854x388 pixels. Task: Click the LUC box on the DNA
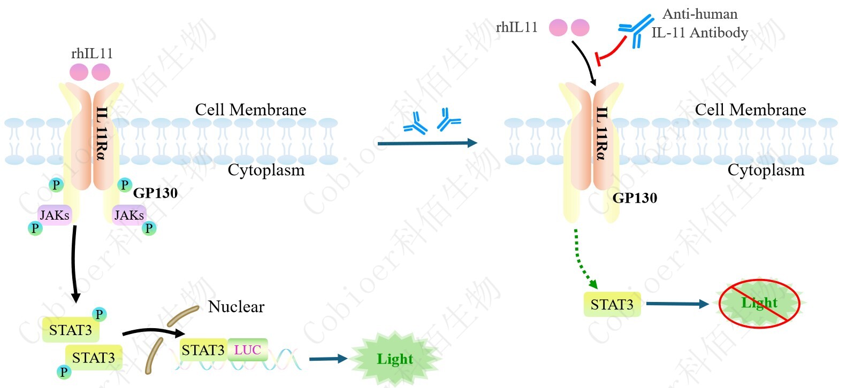tap(247, 350)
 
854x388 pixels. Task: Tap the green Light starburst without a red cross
tap(395, 359)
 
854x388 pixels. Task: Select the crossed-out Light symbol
tap(759, 303)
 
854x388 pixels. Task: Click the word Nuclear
tap(236, 307)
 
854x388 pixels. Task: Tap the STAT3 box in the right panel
tap(612, 305)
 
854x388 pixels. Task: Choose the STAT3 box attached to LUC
tap(203, 350)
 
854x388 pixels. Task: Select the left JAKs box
tap(55, 215)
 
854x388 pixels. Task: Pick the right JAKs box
tap(128, 215)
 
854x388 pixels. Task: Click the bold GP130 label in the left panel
tap(155, 193)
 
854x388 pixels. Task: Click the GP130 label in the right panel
tap(635, 198)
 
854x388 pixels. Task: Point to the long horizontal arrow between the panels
tap(426, 143)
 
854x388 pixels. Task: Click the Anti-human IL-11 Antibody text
tap(700, 24)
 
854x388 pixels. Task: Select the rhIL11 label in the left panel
tap(91, 53)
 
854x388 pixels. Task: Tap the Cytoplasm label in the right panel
tap(766, 170)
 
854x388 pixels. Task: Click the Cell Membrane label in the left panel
tap(250, 110)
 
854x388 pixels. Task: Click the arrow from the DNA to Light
tap(328, 359)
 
